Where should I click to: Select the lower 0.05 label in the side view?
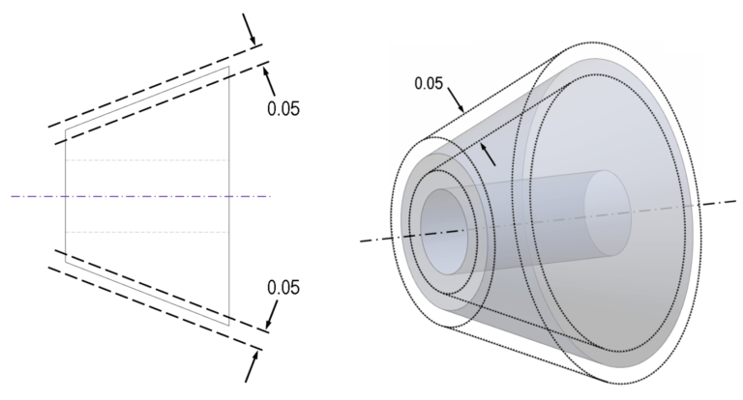coord(282,287)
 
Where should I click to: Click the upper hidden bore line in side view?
coord(145,160)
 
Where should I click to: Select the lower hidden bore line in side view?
coord(145,232)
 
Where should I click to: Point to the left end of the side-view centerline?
coord(12,196)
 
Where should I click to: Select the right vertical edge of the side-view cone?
coord(229,193)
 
